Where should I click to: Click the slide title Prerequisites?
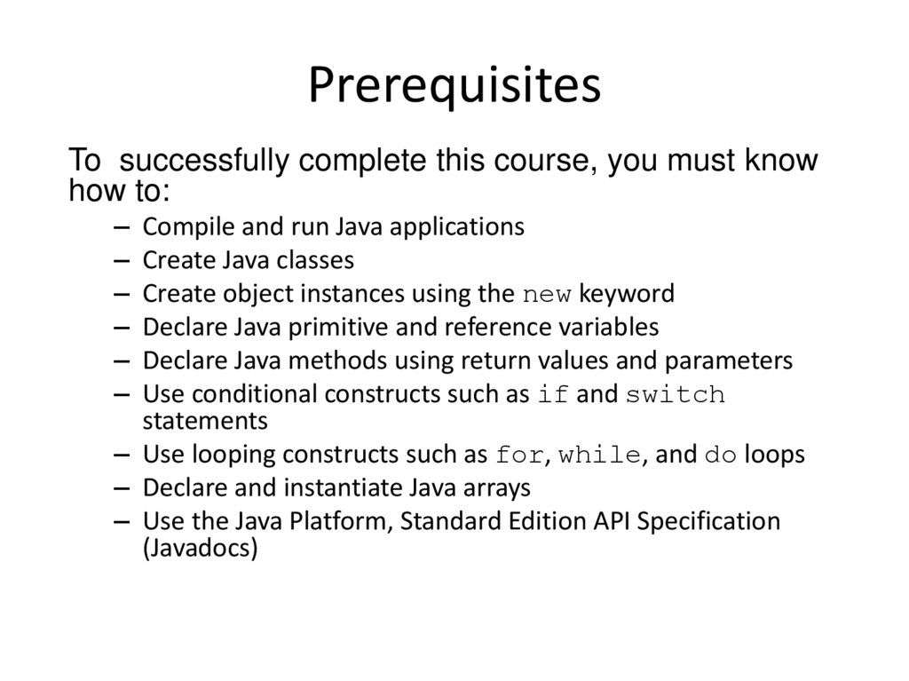454,87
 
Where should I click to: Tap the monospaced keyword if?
553,395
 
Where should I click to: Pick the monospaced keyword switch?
676,395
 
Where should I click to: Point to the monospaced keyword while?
600,456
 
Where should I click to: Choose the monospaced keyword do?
721,456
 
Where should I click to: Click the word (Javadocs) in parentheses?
200,548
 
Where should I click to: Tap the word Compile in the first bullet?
182,227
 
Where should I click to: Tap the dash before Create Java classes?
123,261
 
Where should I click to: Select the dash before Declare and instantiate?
123,488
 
